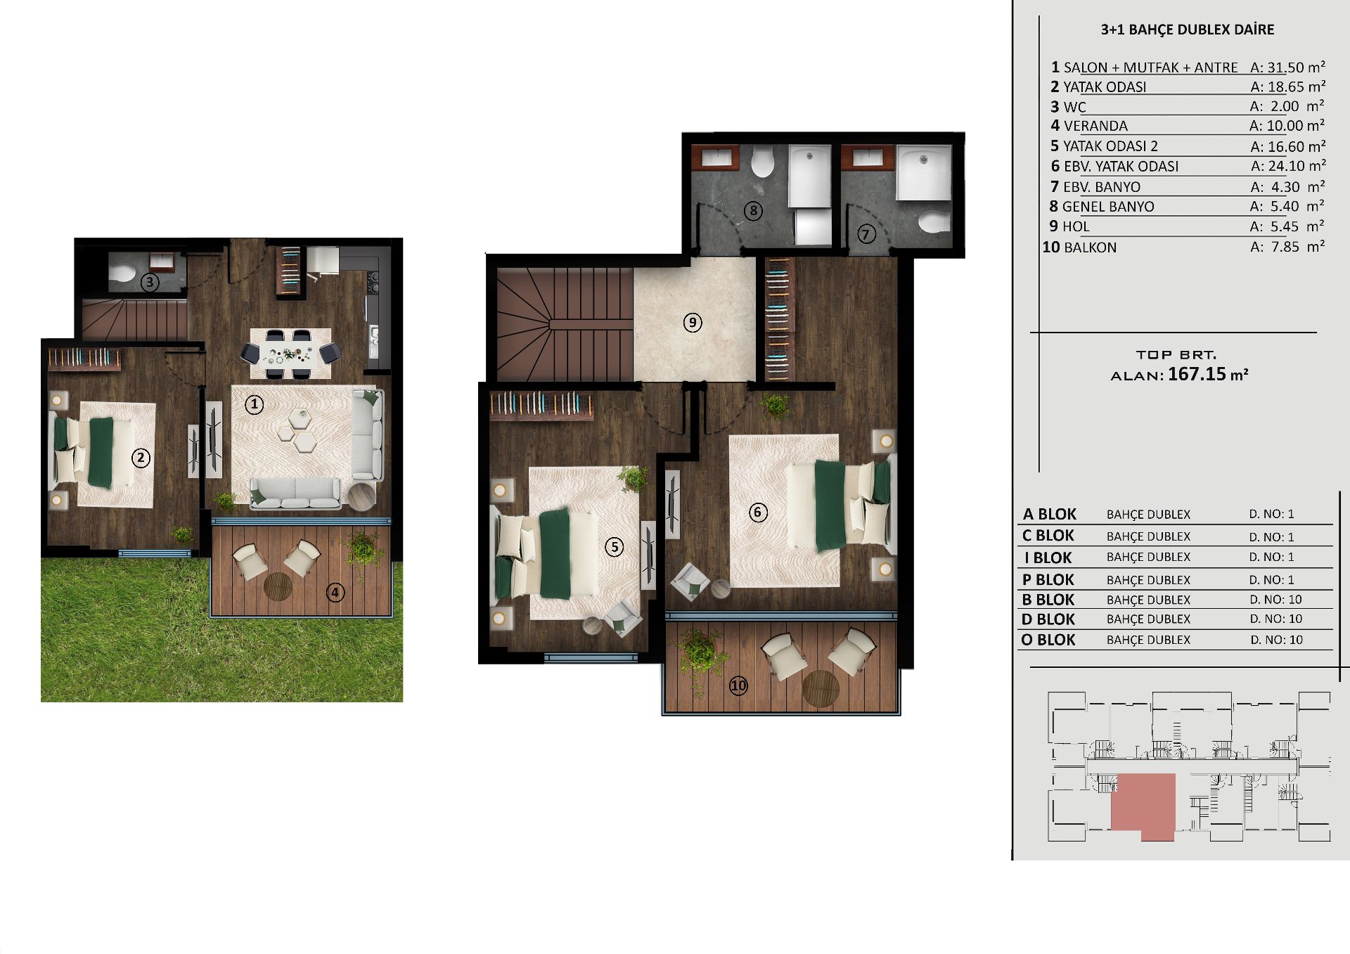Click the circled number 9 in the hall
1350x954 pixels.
[x=693, y=323]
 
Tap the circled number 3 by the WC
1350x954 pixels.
[x=149, y=283]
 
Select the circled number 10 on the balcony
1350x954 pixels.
[x=738, y=685]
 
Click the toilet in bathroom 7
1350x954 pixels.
[x=934, y=222]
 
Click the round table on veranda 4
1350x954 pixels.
[x=278, y=586]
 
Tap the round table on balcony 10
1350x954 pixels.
[x=821, y=688]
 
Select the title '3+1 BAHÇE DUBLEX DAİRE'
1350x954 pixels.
[x=1188, y=30]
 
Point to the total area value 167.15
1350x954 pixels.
[x=1197, y=374]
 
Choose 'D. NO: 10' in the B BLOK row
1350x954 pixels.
[x=1275, y=600]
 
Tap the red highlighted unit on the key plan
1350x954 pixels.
[x=1143, y=806]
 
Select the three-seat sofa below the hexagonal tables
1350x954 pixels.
[x=295, y=493]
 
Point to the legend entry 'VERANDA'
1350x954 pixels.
[x=1095, y=126]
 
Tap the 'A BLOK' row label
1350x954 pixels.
[x=1049, y=514]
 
